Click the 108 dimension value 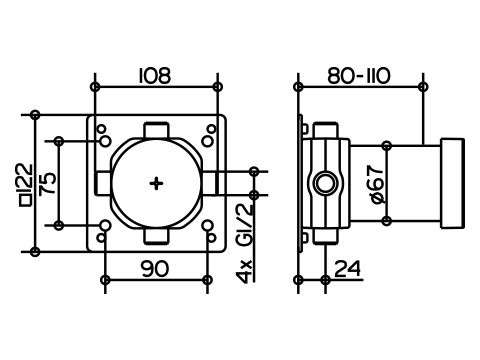pos(155,76)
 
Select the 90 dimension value pos(155,269)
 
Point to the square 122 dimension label pos(26,185)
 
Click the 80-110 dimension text pos(359,76)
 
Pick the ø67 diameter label pos(377,184)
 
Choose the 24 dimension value pos(347,269)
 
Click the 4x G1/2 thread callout pos(245,243)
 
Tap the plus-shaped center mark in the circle pos(156,184)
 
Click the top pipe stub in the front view pos(156,131)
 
